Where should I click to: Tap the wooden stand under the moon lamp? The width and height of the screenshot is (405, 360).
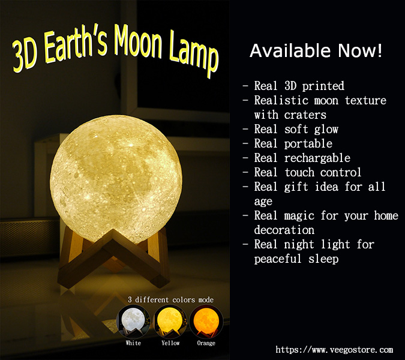pyautogui.click(x=113, y=258)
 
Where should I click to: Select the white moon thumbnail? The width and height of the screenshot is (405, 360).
pyautogui.click(x=133, y=322)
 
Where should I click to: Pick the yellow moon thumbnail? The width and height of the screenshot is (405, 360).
pyautogui.click(x=170, y=322)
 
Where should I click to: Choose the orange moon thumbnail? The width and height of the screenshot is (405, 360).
pyautogui.click(x=206, y=322)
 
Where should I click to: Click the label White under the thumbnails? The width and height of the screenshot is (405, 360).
pyautogui.click(x=133, y=343)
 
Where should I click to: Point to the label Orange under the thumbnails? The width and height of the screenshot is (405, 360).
pyautogui.click(x=206, y=343)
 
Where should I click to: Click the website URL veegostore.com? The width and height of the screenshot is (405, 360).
pyautogui.click(x=334, y=350)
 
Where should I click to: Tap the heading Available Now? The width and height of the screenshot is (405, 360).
pyautogui.click(x=316, y=50)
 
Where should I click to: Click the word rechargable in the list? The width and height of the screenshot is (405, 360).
pyautogui.click(x=317, y=158)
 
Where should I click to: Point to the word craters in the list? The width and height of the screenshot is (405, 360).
pyautogui.click(x=305, y=115)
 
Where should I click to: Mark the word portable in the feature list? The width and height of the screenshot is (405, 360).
pyautogui.click(x=308, y=143)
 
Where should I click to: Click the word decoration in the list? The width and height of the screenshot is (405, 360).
pyautogui.click(x=284, y=230)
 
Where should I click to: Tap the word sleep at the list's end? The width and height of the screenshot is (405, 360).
pyautogui.click(x=323, y=259)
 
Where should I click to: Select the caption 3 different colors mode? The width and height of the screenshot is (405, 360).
pyautogui.click(x=171, y=300)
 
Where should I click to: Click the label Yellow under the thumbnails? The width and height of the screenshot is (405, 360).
pyautogui.click(x=170, y=343)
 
